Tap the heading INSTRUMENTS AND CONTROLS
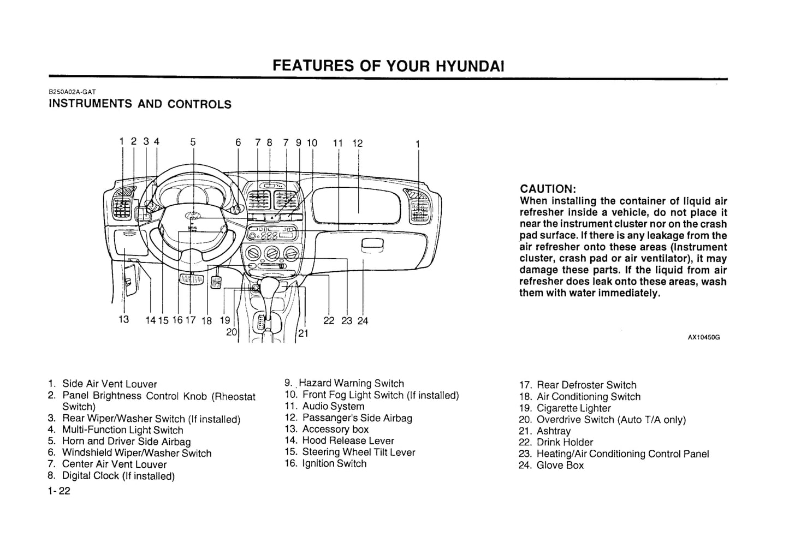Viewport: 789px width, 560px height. coord(140,104)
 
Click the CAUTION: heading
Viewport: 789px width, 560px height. coord(548,189)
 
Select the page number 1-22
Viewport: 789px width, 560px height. coord(59,491)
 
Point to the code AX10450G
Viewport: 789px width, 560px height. coord(703,337)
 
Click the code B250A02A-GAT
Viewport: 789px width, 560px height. coord(73,92)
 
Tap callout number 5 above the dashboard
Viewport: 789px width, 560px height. coord(193,142)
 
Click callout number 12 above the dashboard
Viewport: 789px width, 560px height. coord(357,143)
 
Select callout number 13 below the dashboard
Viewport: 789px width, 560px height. coord(124,319)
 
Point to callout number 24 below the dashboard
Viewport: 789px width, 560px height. coord(363,321)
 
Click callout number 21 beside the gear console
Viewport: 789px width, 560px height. coord(304,333)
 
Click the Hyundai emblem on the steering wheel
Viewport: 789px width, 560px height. coord(192,216)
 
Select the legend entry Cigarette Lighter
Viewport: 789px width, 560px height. coord(573,408)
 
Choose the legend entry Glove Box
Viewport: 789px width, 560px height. coord(560,466)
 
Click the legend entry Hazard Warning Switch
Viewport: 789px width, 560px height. coord(351,384)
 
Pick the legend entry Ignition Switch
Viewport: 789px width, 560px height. coord(334,464)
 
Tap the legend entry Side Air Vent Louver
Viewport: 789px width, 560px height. coord(109,384)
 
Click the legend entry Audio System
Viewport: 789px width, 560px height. coord(333,407)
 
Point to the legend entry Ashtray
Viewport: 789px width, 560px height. coord(553,431)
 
